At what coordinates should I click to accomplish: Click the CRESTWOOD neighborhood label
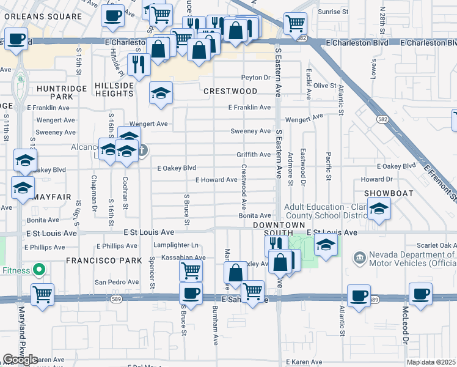230,91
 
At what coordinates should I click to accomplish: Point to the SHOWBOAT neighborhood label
389,193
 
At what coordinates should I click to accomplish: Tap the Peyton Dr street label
255,78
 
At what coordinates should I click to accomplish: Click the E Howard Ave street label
216,180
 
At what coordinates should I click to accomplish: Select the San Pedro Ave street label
117,283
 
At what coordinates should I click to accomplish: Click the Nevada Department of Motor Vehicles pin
359,256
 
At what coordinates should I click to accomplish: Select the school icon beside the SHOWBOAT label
379,210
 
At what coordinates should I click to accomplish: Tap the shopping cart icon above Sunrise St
295,23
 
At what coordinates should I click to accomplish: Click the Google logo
20,360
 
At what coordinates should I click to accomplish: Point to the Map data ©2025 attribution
431,362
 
